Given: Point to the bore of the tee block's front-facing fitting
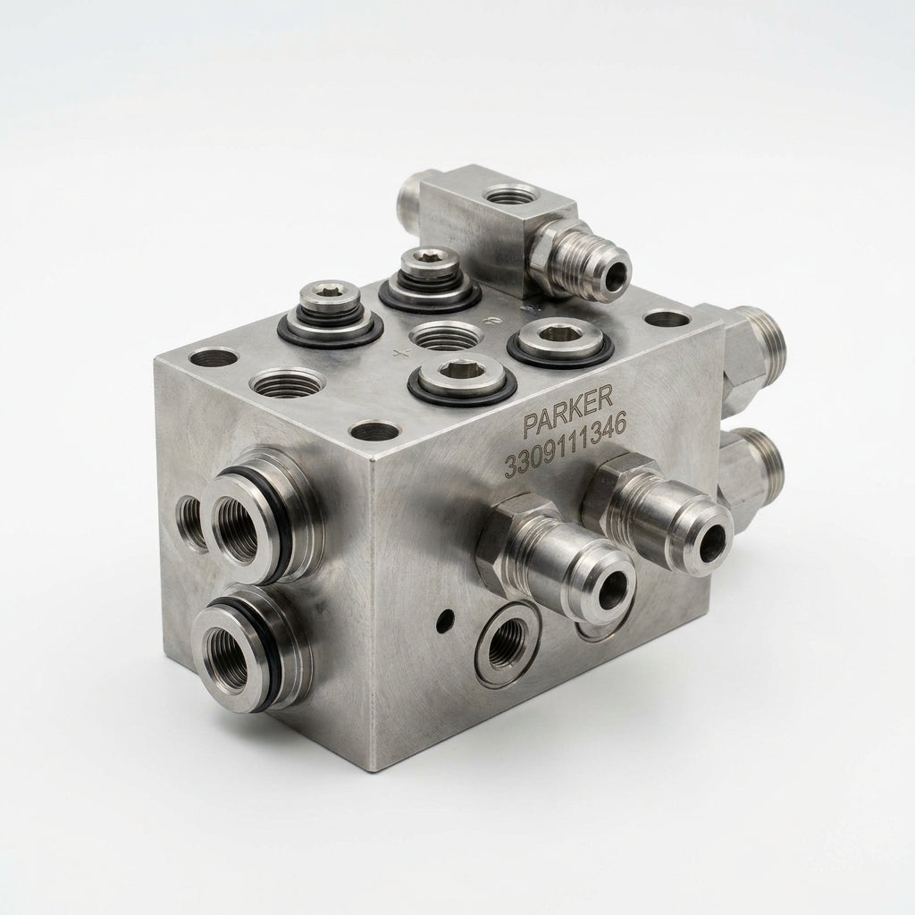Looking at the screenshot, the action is (x=617, y=270).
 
